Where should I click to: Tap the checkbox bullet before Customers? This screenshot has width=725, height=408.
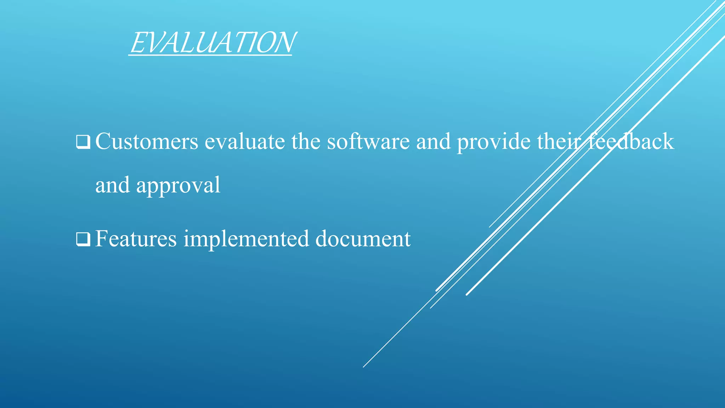coord(83,142)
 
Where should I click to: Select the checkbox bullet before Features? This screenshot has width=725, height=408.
coord(83,239)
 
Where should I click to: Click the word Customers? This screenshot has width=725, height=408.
coord(147,141)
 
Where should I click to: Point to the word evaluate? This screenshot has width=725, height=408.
coord(245,141)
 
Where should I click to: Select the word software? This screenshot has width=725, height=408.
coord(368,141)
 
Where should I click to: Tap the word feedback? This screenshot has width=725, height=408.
coord(631,141)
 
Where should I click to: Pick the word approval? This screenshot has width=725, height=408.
coord(178,186)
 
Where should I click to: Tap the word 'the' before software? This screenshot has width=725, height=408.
coord(306,141)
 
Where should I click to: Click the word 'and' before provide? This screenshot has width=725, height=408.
coord(433,141)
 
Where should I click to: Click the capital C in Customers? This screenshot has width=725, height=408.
coord(102,141)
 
